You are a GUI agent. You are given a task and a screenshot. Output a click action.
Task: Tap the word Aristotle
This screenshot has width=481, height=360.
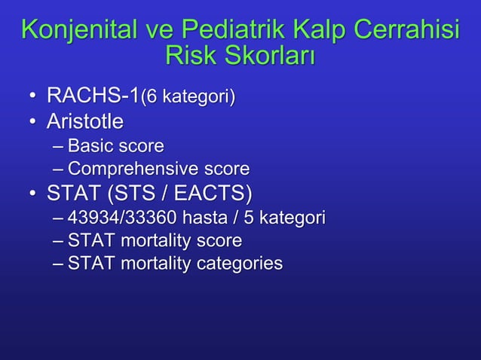pos(85,121)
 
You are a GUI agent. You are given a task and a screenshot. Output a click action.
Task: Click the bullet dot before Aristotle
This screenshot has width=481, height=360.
pos(32,122)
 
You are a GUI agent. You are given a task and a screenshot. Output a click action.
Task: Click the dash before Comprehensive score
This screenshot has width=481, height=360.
pos(60,169)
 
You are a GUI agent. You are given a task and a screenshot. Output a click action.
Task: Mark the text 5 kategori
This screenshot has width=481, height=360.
pos(293,218)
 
